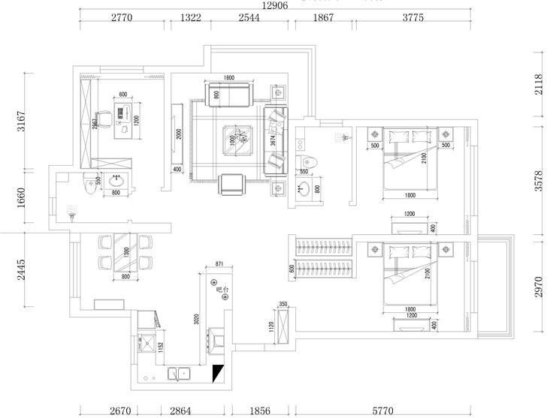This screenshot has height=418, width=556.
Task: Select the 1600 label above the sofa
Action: pyautogui.click(x=229, y=78)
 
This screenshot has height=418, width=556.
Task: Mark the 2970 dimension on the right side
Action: pyautogui.click(x=537, y=286)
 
